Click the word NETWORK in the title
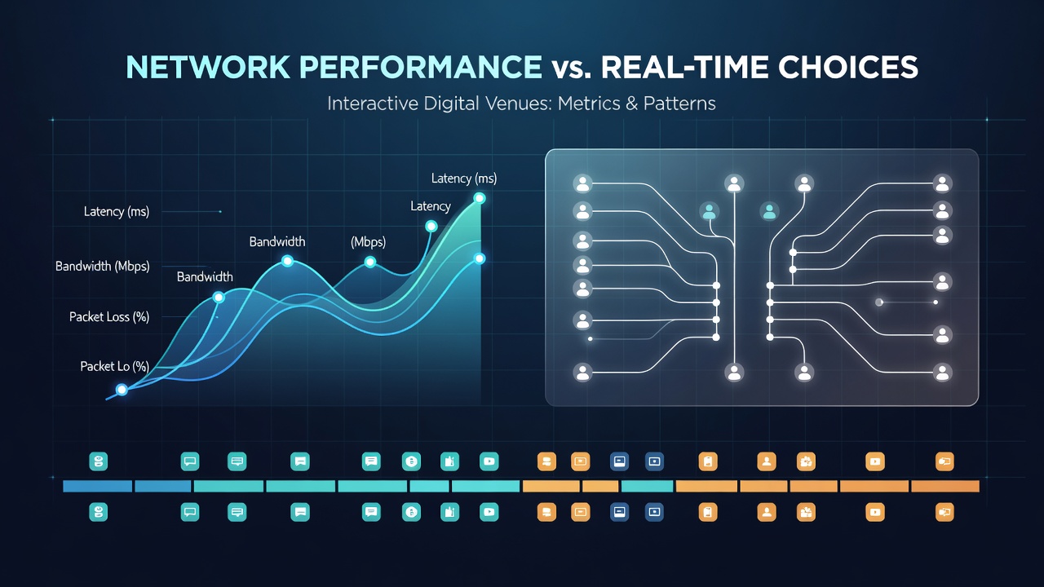point(208,68)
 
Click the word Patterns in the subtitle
point(679,104)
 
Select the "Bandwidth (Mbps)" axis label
point(103,266)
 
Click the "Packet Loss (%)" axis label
point(109,317)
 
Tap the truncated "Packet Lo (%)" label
point(115,366)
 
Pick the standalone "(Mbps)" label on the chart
point(368,242)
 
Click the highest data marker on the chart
point(480,198)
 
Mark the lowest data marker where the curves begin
point(122,390)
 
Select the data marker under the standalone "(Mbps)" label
point(370,263)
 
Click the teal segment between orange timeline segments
point(648,487)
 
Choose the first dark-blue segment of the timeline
point(97,487)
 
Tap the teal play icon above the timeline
point(489,461)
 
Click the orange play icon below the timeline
point(875,513)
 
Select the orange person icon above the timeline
point(767,461)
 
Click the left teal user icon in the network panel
point(709,212)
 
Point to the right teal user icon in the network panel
point(769,212)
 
